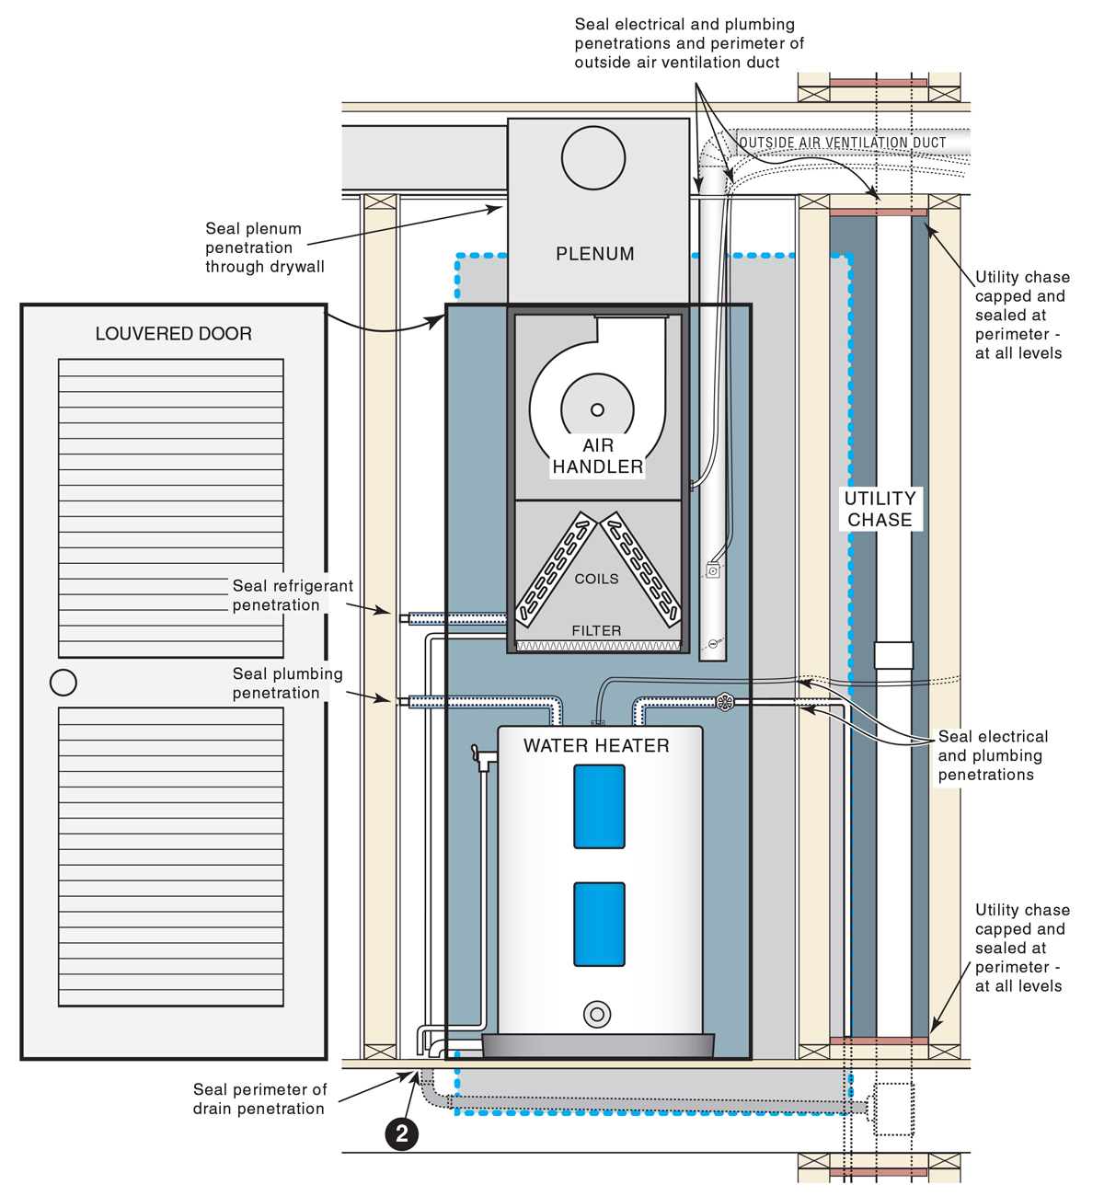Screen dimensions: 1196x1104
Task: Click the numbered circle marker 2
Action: pos(402,1133)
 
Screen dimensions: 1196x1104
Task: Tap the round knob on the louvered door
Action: pos(63,683)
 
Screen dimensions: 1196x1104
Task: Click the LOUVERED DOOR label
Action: pos(173,334)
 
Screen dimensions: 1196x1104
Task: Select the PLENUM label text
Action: pos(594,254)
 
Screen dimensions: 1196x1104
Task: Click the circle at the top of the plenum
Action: pos(593,158)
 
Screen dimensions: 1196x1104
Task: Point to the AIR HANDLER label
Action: pos(597,456)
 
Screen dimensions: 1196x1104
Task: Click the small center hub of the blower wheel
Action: pos(597,410)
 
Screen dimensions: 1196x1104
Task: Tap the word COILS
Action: pos(596,579)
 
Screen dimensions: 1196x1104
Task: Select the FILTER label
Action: pos(596,630)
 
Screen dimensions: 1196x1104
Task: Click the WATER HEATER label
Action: pos(596,746)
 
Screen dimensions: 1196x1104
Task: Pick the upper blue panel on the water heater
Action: pos(599,806)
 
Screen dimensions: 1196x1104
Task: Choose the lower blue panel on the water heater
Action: pos(599,924)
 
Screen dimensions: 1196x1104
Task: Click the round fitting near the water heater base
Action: pos(597,1015)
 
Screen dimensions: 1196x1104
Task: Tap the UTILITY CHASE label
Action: pos(880,509)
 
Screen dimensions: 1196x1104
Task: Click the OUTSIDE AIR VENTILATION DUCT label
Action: pos(842,143)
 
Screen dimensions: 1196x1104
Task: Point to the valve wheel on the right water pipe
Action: pos(725,703)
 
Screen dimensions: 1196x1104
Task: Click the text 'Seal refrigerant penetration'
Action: pos(292,595)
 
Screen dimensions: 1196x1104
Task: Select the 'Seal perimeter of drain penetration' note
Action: pos(259,1098)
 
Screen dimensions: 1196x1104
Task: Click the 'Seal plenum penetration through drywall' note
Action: pos(264,247)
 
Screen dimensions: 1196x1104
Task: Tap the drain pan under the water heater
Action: pos(598,1045)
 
